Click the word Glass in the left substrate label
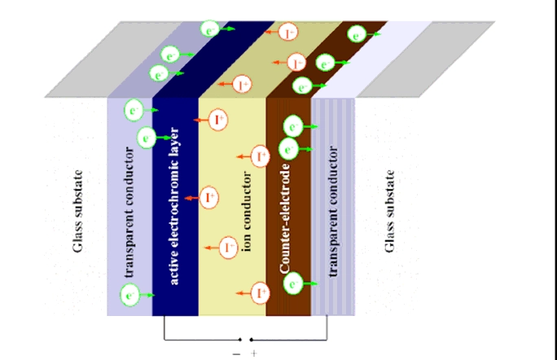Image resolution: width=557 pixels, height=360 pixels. coord(77,236)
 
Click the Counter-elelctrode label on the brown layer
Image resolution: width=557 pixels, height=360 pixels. coord(284,218)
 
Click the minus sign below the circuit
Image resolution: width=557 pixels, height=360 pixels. coord(237,354)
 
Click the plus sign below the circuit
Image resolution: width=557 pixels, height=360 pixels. coord(253,353)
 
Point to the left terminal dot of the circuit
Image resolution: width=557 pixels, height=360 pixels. coord(240,340)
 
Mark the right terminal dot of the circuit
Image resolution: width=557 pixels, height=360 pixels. coord(252,340)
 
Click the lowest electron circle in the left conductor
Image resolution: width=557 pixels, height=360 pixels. coord(130,295)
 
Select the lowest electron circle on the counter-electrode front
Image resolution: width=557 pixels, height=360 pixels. coord(293,283)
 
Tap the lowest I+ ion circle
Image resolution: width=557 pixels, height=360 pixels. coord(261,293)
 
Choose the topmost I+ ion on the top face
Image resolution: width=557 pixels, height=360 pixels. coord(288,33)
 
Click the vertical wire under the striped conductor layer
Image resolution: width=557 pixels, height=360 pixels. coord(327,327)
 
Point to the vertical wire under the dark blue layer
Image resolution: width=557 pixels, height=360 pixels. coord(164,327)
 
